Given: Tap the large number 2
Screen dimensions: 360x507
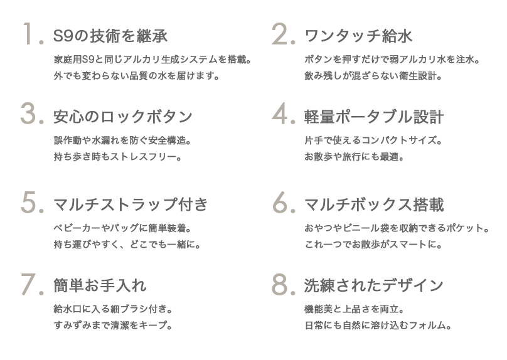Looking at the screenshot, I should point(282,35).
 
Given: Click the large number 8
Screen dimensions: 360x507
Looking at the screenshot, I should point(282,285).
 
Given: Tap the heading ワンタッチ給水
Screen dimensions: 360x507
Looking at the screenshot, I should point(357,36).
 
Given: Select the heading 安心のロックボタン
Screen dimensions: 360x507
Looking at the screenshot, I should point(123,117).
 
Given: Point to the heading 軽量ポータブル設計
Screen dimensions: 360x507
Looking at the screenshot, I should point(373,117).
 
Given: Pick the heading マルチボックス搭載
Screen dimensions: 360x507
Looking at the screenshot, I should point(373,204).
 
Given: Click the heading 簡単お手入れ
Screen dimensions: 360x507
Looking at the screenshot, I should point(100,287).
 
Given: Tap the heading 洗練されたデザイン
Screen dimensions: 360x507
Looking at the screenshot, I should point(373,287).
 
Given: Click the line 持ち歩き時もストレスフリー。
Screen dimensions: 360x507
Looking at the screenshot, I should point(117,156).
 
